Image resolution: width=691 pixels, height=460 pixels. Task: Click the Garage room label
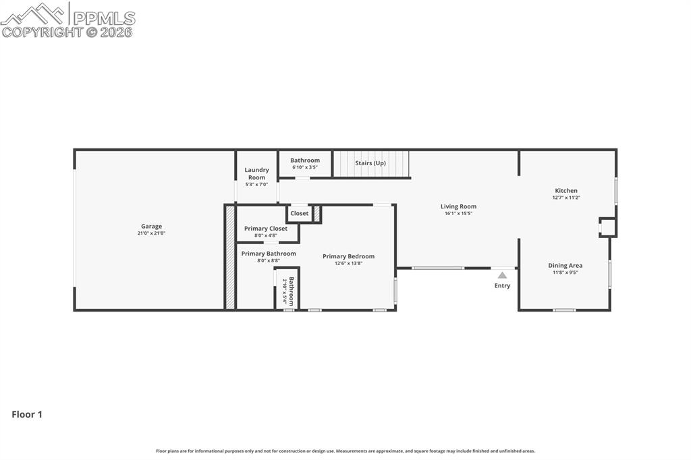pyautogui.click(x=151, y=227)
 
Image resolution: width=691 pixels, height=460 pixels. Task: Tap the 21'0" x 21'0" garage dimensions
pyautogui.click(x=151, y=233)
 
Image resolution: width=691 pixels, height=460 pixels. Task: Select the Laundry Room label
pyautogui.click(x=256, y=173)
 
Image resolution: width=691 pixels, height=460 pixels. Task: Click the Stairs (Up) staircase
pyautogui.click(x=371, y=163)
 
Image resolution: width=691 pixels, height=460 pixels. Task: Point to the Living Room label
pyautogui.click(x=458, y=206)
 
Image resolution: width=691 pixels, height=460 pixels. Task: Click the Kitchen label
pyautogui.click(x=566, y=191)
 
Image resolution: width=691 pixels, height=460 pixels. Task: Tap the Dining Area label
pyautogui.click(x=565, y=266)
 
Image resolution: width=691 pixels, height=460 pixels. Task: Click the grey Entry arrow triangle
pyautogui.click(x=502, y=275)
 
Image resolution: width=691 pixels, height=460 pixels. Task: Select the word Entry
pyautogui.click(x=502, y=286)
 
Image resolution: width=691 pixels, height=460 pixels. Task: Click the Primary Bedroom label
pyautogui.click(x=348, y=256)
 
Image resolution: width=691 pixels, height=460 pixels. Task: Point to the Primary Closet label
pyautogui.click(x=266, y=229)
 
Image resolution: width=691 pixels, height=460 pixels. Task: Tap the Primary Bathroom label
pyautogui.click(x=269, y=254)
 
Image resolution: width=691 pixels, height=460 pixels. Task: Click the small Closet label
pyautogui.click(x=300, y=213)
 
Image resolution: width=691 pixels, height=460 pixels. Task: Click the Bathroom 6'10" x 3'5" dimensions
pyautogui.click(x=305, y=167)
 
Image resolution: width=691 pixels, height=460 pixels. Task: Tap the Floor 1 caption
pyautogui.click(x=27, y=415)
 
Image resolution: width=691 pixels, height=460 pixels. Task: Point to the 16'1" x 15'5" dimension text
pyautogui.click(x=458, y=213)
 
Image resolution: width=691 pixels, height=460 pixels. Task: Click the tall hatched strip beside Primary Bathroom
pyautogui.click(x=230, y=257)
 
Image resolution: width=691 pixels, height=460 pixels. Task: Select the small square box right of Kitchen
pyautogui.click(x=608, y=227)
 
